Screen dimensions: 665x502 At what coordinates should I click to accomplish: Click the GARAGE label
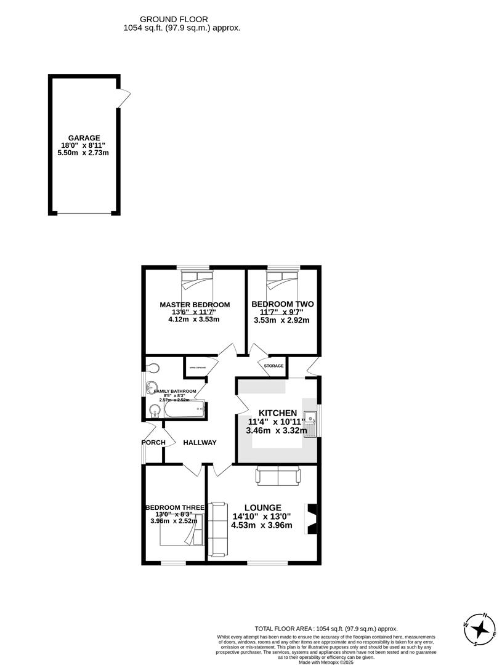[84, 138]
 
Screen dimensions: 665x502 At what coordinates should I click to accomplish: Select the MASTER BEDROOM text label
[195, 305]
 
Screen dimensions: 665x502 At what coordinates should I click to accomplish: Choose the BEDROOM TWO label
[283, 304]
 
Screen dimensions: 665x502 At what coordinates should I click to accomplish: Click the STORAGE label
[273, 366]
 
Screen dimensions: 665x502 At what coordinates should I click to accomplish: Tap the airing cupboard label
[196, 370]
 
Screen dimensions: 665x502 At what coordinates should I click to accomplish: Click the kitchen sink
[312, 424]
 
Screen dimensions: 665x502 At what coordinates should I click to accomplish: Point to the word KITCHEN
[278, 413]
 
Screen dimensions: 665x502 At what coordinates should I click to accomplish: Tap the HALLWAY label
[200, 443]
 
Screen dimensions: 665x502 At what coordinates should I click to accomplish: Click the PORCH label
[153, 443]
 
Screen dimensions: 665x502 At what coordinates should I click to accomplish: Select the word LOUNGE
[262, 507]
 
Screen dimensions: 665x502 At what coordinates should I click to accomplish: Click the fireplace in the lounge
[312, 520]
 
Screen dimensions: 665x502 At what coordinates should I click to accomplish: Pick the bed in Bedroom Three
[179, 536]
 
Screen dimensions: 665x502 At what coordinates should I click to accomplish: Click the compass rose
[480, 629]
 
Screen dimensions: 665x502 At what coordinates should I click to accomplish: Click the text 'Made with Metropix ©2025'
[326, 662]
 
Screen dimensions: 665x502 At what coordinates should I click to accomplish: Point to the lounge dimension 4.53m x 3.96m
[261, 525]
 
